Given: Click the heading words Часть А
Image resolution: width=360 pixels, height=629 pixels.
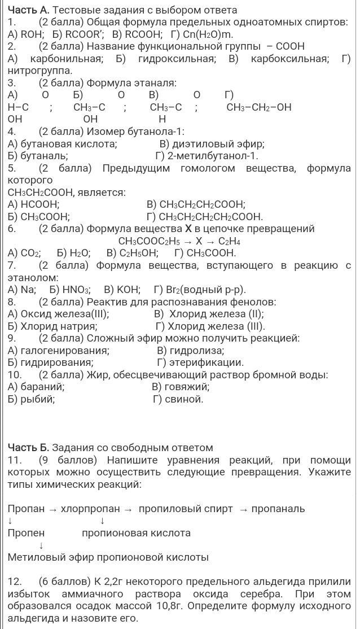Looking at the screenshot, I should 28,10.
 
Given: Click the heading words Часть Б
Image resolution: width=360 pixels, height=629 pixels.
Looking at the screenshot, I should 28,448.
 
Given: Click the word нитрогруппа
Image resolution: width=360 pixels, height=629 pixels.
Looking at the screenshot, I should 39,71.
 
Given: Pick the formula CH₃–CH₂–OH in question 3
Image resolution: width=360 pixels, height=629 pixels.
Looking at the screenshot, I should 259,107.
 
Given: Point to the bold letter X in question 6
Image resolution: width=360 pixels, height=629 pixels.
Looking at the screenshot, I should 188,229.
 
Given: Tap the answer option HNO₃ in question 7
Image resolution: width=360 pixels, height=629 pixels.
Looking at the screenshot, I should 75,290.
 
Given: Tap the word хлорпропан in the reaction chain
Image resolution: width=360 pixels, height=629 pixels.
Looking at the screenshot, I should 90,509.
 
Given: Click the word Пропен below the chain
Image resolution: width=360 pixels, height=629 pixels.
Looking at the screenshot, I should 26,533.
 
